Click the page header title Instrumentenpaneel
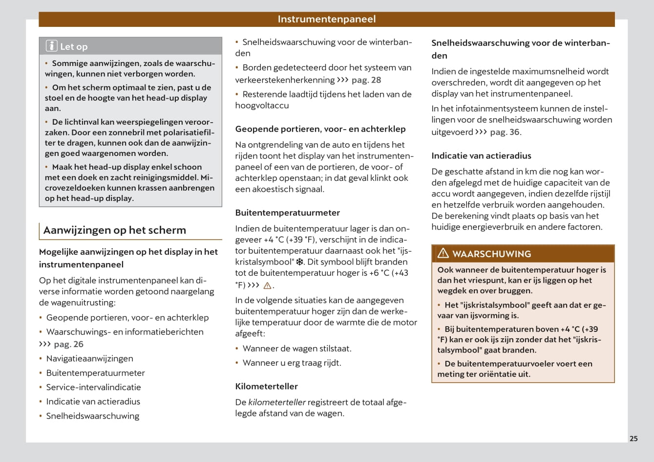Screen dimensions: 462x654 326,19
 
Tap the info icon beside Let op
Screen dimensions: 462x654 52,46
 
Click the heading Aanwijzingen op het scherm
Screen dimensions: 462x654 115,230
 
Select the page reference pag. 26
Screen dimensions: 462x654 68,344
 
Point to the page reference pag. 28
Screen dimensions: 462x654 366,80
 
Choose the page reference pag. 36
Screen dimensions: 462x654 505,132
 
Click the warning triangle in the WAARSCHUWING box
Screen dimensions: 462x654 443,253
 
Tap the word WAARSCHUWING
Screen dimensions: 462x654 491,254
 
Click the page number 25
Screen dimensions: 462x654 633,439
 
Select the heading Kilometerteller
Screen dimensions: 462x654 266,386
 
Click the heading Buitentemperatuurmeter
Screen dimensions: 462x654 287,213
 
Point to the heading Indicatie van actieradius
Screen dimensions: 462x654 481,156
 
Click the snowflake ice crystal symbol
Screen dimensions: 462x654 300,262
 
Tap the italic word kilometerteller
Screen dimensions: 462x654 277,402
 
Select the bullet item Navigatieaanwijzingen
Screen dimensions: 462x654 89,358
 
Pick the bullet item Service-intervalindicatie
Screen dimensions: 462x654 93,387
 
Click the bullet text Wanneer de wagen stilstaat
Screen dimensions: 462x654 297,349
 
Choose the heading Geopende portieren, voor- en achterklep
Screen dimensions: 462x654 320,129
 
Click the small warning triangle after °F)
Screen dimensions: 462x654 267,286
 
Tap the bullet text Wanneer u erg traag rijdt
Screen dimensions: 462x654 292,363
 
